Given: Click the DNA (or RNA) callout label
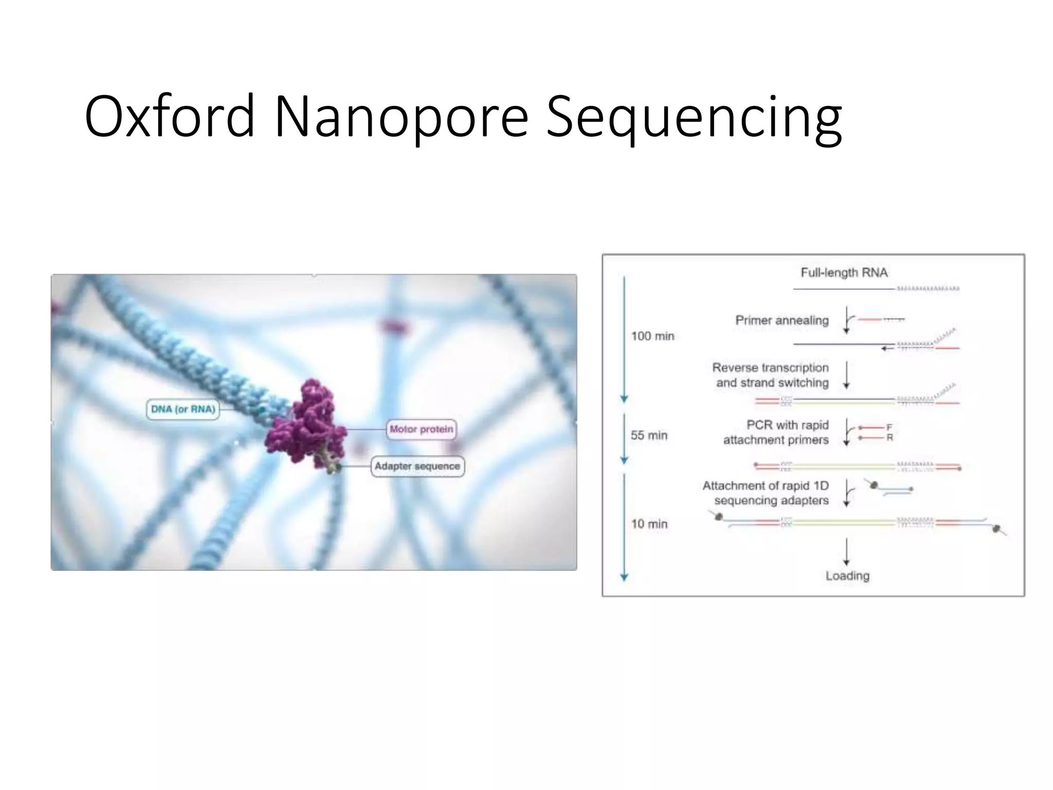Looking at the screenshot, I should (183, 409).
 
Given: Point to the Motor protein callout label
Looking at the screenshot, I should (421, 429).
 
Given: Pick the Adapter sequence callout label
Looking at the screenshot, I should (417, 466).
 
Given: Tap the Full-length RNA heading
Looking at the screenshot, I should (844, 273).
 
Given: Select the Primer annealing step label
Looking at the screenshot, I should (782, 320).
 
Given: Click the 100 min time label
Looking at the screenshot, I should (652, 336).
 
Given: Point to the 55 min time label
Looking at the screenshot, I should (649, 436).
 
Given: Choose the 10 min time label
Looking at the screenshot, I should (649, 524).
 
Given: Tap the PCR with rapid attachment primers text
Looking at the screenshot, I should (776, 433).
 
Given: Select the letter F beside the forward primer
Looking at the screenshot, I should (889, 427).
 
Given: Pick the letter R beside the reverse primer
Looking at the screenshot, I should (889, 438).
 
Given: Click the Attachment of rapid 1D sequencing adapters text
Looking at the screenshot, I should (766, 493).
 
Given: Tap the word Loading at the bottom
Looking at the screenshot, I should (847, 576).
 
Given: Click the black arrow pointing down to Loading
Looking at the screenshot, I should (846, 552).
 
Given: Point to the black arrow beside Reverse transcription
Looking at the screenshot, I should (846, 375).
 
